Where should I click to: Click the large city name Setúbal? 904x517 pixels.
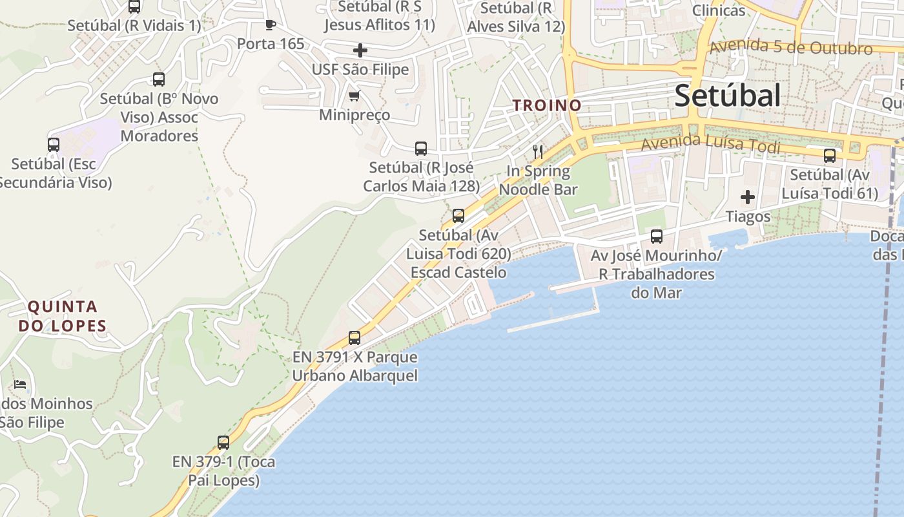pyautogui.click(x=728, y=96)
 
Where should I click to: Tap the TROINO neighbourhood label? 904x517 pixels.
pyautogui.click(x=547, y=105)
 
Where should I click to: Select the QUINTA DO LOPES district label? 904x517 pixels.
pyautogui.click(x=62, y=316)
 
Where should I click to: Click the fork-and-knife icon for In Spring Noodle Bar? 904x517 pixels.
pyautogui.click(x=537, y=152)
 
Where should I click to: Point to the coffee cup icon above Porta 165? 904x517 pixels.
pyautogui.click(x=271, y=25)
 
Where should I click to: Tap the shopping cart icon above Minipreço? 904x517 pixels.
pyautogui.click(x=354, y=96)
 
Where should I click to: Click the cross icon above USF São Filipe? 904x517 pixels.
pyautogui.click(x=360, y=50)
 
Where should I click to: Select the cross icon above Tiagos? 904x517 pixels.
pyautogui.click(x=748, y=197)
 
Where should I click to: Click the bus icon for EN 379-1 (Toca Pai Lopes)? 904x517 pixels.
pyautogui.click(x=223, y=443)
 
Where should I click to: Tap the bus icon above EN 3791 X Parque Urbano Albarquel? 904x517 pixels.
pyautogui.click(x=354, y=337)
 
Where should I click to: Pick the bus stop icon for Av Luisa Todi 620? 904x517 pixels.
pyautogui.click(x=458, y=216)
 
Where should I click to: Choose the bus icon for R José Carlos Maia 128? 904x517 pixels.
pyautogui.click(x=421, y=149)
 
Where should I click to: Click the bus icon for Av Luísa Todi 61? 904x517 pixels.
pyautogui.click(x=830, y=156)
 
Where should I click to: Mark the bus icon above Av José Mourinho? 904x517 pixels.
pyautogui.click(x=657, y=237)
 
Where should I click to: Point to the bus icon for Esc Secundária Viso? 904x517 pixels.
pyautogui.click(x=54, y=145)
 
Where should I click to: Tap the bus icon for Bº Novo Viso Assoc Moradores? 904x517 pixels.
pyautogui.click(x=159, y=79)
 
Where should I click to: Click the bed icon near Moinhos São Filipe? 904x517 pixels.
pyautogui.click(x=20, y=385)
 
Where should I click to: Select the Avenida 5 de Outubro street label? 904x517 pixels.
pyautogui.click(x=790, y=48)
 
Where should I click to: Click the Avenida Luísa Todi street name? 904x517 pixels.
pyautogui.click(x=710, y=143)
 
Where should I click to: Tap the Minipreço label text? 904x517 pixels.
pyautogui.click(x=354, y=115)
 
